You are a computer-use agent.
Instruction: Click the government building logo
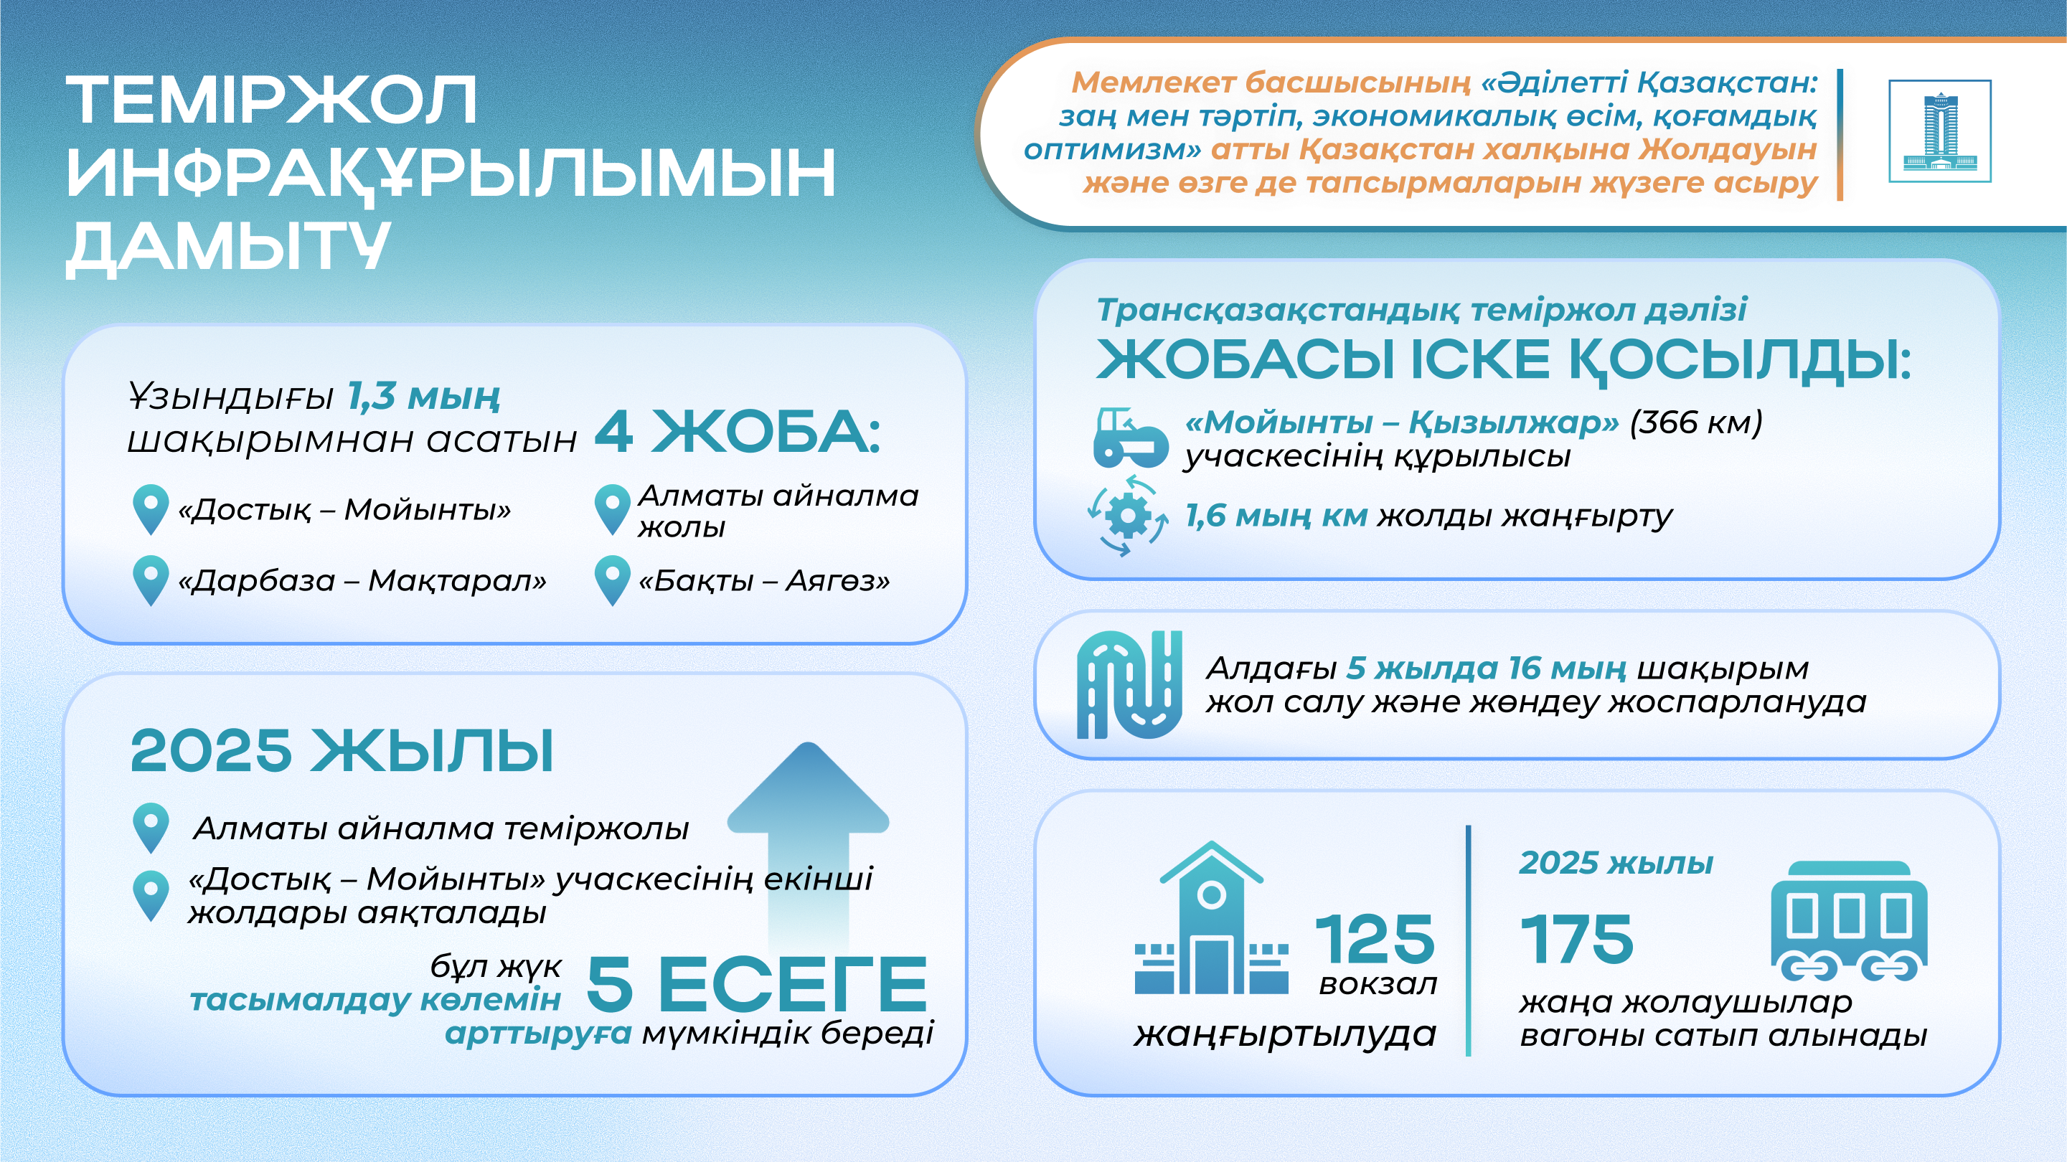point(1939,131)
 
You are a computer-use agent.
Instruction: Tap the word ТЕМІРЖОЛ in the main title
point(272,100)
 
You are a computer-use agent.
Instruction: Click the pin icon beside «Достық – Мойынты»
point(150,509)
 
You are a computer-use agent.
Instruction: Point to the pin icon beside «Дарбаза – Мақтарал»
point(150,580)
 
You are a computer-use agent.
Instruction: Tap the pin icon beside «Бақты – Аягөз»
point(612,580)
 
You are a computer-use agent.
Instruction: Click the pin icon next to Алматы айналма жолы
point(612,509)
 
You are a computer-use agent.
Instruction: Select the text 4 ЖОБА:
point(738,432)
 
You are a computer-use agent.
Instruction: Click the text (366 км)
point(1695,422)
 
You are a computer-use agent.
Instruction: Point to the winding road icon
point(1130,684)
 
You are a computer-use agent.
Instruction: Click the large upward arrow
point(808,846)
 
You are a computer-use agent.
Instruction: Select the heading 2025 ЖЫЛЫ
point(342,751)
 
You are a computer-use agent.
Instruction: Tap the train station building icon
point(1212,918)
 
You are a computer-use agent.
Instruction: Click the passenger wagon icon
point(1850,921)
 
